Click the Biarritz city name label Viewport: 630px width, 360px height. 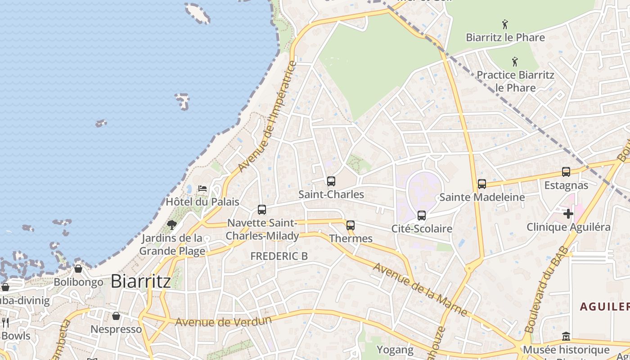[x=140, y=281]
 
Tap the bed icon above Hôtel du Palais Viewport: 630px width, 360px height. [x=202, y=188]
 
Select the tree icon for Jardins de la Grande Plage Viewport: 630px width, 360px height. [x=171, y=225]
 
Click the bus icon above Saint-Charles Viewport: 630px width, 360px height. [x=331, y=181]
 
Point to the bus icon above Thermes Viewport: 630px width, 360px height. [x=351, y=225]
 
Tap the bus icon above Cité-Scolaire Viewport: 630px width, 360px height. [x=422, y=216]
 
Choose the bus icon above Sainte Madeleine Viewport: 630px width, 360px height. [x=482, y=184]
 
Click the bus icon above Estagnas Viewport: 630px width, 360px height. [x=566, y=172]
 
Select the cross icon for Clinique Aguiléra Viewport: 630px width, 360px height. [x=568, y=214]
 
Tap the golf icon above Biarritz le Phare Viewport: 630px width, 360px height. [x=505, y=24]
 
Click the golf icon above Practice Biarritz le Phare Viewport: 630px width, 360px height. [x=515, y=62]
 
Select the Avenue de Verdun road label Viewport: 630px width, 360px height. [x=223, y=321]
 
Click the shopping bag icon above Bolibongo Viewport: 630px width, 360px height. [x=78, y=269]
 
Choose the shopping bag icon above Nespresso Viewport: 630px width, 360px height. [x=116, y=316]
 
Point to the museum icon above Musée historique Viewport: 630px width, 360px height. [x=566, y=337]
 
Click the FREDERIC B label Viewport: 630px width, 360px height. [x=279, y=256]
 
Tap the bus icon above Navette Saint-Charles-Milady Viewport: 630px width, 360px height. [x=262, y=210]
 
